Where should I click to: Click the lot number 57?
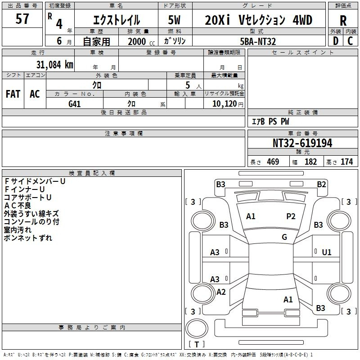(x=22, y=18)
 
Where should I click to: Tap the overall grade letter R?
(x=343, y=21)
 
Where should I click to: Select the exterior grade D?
(x=336, y=41)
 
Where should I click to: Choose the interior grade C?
(x=350, y=41)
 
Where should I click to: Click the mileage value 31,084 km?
(x=54, y=65)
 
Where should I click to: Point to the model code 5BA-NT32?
(x=258, y=41)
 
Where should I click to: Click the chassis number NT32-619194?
(x=302, y=143)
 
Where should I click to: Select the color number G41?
(x=75, y=104)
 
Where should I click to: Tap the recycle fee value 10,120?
(x=225, y=104)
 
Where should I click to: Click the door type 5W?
(x=174, y=20)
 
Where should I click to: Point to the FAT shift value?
(x=13, y=94)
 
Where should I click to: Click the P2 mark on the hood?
(x=291, y=216)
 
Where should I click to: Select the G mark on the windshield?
(x=284, y=237)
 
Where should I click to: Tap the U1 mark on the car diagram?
(x=327, y=252)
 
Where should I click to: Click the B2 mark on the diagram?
(x=321, y=184)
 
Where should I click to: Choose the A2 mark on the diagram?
(x=221, y=292)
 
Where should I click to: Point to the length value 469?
(x=273, y=162)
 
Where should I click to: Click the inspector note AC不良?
(x=18, y=206)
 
